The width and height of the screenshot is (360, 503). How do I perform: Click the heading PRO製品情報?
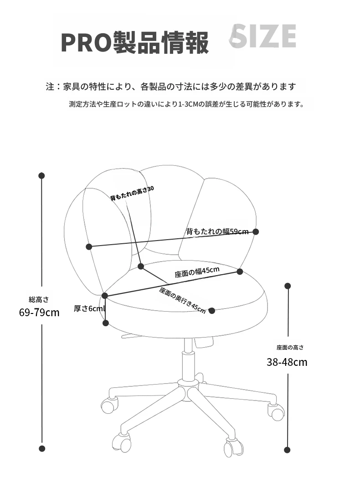tap(134, 42)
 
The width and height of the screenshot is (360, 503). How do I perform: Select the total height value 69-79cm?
tap(40, 313)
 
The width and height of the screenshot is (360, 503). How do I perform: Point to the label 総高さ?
tap(39, 299)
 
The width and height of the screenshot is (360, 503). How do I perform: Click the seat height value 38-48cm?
tap(287, 362)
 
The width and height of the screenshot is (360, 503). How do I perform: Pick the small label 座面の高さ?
tap(290, 348)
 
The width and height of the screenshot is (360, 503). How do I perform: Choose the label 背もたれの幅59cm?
tap(217, 231)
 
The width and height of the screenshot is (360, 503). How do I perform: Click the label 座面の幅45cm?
tap(197, 272)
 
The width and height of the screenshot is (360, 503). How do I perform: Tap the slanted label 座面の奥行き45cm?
tap(182, 300)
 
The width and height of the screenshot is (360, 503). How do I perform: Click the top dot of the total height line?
tap(41, 175)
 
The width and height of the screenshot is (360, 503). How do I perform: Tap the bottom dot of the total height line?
tap(42, 449)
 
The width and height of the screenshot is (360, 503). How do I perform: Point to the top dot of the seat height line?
tap(288, 286)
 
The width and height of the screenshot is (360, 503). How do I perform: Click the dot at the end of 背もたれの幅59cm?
tap(256, 231)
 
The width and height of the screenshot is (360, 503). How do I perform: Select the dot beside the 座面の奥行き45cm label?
tap(211, 311)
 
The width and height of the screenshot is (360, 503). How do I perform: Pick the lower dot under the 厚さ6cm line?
tap(106, 323)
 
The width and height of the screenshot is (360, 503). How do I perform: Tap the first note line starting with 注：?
tap(171, 87)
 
